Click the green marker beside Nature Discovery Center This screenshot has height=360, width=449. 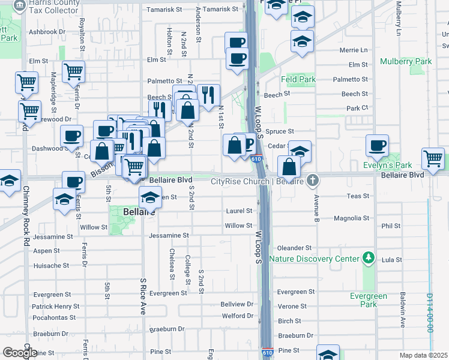pos(368,259)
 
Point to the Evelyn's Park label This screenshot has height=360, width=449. pos(387,165)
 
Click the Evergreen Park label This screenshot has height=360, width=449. pos(369,300)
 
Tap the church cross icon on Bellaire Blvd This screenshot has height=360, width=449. pos(312,180)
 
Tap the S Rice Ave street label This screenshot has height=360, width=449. pos(143,296)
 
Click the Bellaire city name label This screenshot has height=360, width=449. pos(139,212)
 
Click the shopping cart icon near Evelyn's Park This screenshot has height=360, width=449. pos(433,158)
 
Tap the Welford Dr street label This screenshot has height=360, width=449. pos(238,316)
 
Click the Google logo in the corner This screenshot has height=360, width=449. pos(20,353)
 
